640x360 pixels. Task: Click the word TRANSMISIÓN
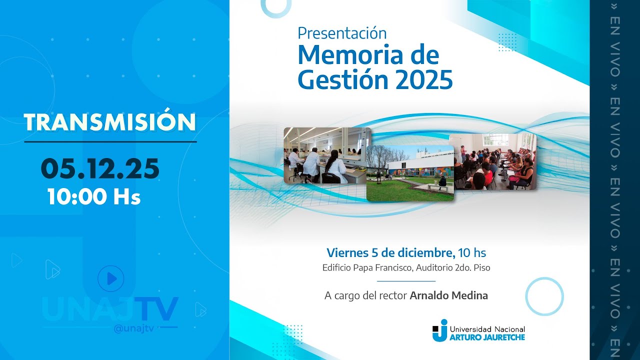(110, 122)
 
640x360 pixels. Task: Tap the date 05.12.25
(100, 168)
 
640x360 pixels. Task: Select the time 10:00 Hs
(94, 197)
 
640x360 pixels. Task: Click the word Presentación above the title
(342, 33)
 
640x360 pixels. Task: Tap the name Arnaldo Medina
(448, 295)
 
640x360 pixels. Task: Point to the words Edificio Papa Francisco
(368, 267)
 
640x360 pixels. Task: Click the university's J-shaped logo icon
(440, 330)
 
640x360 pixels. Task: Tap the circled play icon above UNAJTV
(111, 278)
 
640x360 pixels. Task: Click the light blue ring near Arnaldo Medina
(544, 296)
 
